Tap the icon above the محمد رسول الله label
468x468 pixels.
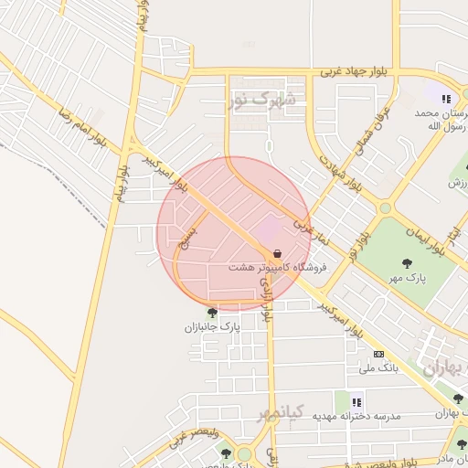(x=446, y=99)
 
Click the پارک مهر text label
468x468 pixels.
(x=405, y=276)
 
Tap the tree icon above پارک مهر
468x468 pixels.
(x=406, y=263)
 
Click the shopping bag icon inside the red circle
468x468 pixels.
(x=277, y=253)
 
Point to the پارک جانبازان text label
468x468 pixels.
(x=212, y=326)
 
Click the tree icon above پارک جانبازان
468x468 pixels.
(x=212, y=313)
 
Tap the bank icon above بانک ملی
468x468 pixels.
(x=378, y=354)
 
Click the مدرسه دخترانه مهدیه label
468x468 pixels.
(x=356, y=416)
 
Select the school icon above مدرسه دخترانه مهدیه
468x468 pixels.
(x=356, y=401)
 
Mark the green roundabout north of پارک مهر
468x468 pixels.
(x=386, y=208)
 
